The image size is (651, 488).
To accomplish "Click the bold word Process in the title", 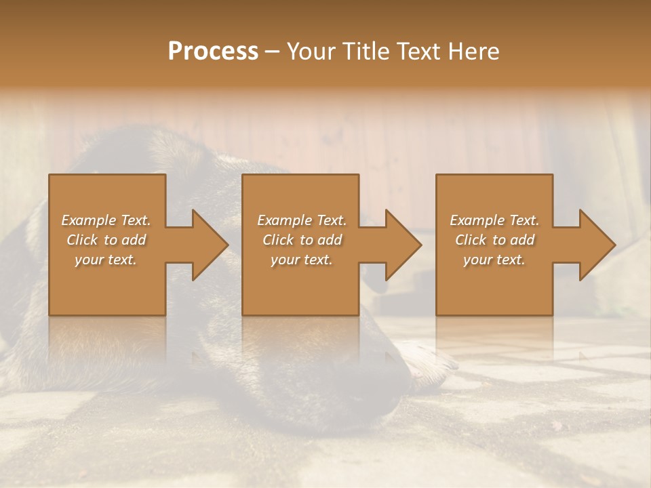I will [213, 52].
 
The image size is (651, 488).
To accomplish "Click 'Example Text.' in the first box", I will [106, 220].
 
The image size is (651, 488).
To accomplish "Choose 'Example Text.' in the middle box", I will [302, 220].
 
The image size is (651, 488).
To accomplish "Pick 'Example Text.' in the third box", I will [494, 220].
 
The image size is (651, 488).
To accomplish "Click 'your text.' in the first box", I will [106, 260].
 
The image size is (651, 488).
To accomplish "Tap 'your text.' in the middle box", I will [302, 260].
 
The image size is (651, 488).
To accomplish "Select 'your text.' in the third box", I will [494, 260].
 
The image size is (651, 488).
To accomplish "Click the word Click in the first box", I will [83, 240].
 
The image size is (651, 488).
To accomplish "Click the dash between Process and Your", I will [273, 52].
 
